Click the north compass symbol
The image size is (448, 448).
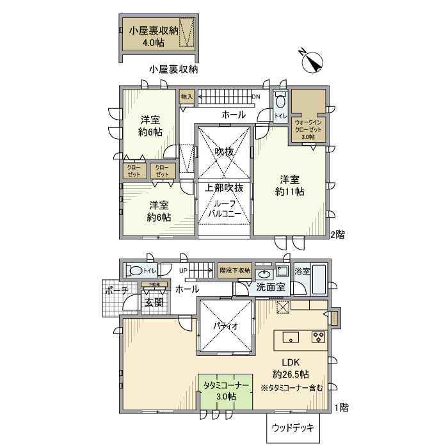coord(312,62)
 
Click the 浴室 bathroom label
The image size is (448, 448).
coord(302,271)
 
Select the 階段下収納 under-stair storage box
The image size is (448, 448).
coord(234,270)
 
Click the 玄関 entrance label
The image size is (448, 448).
coord(154,302)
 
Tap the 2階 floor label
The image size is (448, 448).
coord(337,235)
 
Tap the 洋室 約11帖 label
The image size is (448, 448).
coord(289,185)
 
